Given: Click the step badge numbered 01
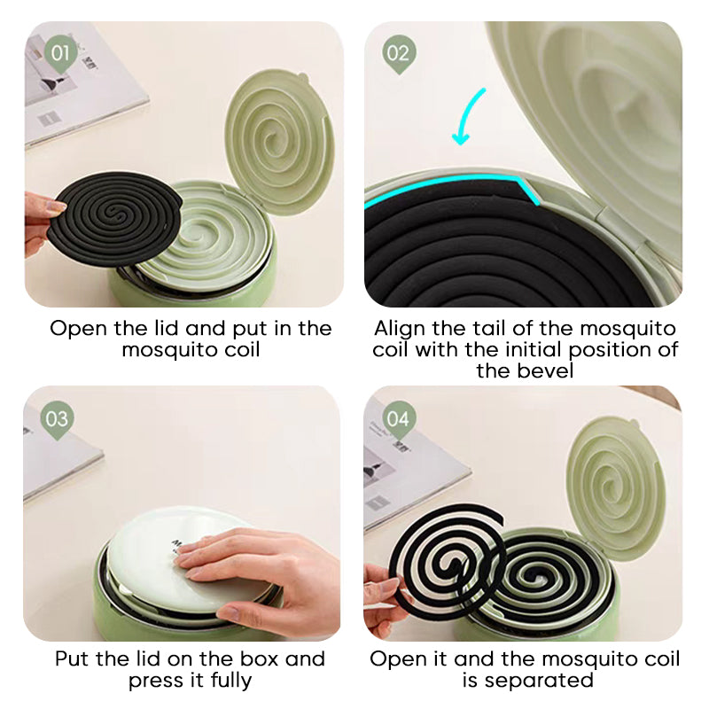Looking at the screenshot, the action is point(60,54).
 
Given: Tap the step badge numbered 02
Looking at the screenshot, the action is point(398,54).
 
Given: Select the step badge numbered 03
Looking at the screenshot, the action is point(57,419).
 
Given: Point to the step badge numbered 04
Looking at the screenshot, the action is point(398,419).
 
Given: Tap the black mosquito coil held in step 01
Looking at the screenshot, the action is point(116,218).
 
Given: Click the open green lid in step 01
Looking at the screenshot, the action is point(279,137).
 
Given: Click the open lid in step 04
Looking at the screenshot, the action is point(615,485).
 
